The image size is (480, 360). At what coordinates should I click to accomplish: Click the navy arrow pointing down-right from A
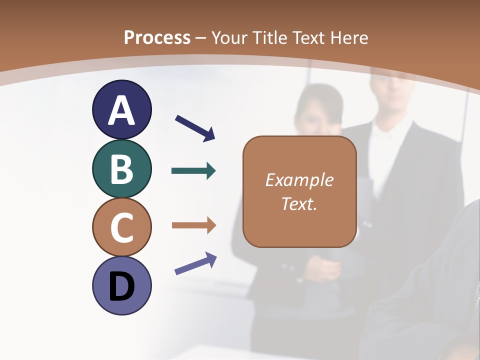tap(195, 127)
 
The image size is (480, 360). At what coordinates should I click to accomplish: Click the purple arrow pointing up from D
tap(195, 263)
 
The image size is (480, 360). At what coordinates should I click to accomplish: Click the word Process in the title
tap(157, 37)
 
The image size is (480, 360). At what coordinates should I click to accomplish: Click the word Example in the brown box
tap(299, 180)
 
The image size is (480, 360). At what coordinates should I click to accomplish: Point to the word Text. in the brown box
tap(299, 204)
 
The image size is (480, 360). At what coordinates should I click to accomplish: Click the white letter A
tap(121, 110)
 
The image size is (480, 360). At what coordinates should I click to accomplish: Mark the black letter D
tap(121, 286)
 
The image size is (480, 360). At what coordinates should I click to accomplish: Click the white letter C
tap(121, 228)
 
